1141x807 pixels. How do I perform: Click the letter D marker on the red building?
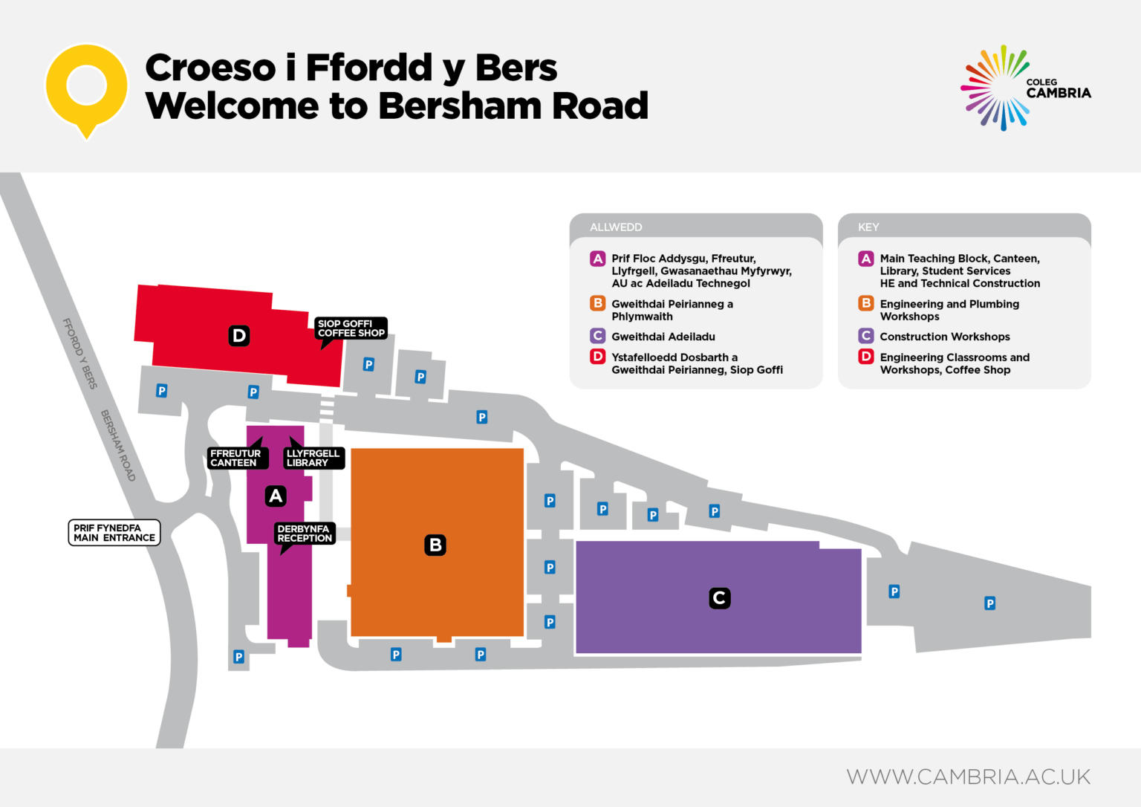pyautogui.click(x=239, y=336)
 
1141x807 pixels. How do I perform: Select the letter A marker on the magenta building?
pyautogui.click(x=276, y=496)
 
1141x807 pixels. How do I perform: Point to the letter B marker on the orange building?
pyautogui.click(x=435, y=545)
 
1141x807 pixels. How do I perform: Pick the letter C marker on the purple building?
pyautogui.click(x=719, y=598)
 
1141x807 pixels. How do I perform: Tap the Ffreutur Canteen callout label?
pyautogui.click(x=235, y=458)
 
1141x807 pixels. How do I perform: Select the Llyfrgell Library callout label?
pyautogui.click(x=313, y=458)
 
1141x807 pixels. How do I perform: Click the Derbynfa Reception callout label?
pyautogui.click(x=305, y=534)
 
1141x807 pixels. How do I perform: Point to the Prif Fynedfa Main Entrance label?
pyautogui.click(x=114, y=533)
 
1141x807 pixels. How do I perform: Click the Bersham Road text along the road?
pyautogui.click(x=118, y=446)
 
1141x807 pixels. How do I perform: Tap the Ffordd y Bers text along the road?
pyautogui.click(x=79, y=354)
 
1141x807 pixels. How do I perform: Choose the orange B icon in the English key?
pyautogui.click(x=866, y=303)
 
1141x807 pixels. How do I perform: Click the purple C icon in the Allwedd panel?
pyautogui.click(x=598, y=336)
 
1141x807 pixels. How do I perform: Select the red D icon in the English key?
pyautogui.click(x=866, y=357)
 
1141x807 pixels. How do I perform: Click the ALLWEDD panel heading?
pyautogui.click(x=616, y=227)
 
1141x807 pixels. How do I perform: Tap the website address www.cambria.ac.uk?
pyautogui.click(x=969, y=777)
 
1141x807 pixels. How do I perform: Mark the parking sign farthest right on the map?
pyautogui.click(x=989, y=603)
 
